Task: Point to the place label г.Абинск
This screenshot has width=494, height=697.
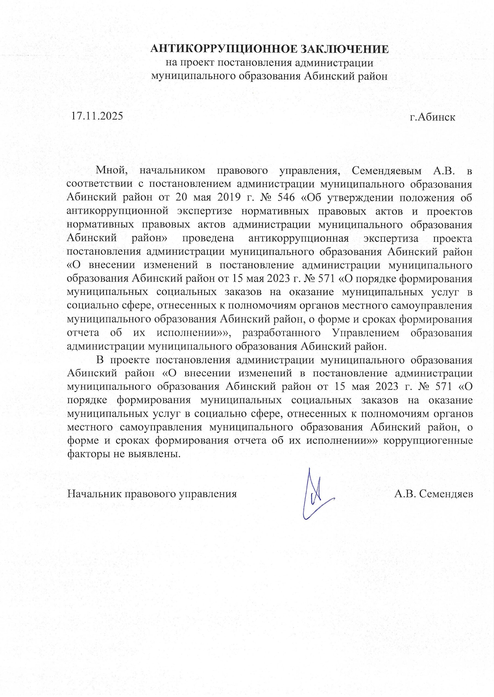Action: [432, 117]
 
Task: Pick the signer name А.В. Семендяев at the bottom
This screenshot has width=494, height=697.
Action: [434, 494]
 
